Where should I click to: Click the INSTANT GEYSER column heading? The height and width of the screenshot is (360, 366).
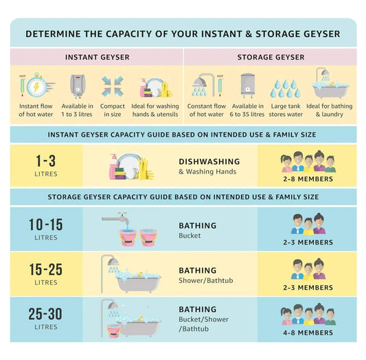pyautogui.click(x=97, y=57)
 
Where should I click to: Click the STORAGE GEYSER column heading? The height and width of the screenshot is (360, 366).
pyautogui.click(x=271, y=57)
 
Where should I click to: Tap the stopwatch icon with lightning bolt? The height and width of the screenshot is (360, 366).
pyautogui.click(x=37, y=85)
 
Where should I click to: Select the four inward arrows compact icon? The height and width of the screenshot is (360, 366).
pyautogui.click(x=113, y=86)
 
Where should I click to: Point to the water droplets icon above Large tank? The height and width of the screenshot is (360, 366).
pyautogui.click(x=286, y=88)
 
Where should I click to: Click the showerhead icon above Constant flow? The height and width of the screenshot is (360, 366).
pyautogui.click(x=203, y=85)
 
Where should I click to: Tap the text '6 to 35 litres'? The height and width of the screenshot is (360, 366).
pyautogui.click(x=247, y=115)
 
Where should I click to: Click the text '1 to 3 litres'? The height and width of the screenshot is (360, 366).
pyautogui.click(x=77, y=115)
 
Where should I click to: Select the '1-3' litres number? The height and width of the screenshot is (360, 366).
pyautogui.click(x=46, y=161)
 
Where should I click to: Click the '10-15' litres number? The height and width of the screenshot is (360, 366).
pyautogui.click(x=46, y=225)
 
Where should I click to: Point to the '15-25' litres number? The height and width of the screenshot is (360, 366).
pyautogui.click(x=46, y=269)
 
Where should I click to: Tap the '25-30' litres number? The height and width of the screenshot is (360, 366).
pyautogui.click(x=45, y=314)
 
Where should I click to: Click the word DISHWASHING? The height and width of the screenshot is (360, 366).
pyautogui.click(x=209, y=161)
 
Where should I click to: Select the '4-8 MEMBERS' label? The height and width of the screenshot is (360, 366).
pyautogui.click(x=308, y=333)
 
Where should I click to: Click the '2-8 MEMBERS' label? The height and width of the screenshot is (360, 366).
pyautogui.click(x=308, y=179)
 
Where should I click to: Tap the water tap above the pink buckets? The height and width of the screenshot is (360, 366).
pyautogui.click(x=115, y=218)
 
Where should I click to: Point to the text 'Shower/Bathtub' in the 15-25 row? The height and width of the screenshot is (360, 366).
pyautogui.click(x=206, y=280)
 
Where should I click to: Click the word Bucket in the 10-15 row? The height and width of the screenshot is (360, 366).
pyautogui.click(x=190, y=236)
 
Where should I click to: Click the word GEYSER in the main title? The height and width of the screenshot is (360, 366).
pyautogui.click(x=320, y=34)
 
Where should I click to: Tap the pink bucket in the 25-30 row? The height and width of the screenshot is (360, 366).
pyautogui.click(x=114, y=331)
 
